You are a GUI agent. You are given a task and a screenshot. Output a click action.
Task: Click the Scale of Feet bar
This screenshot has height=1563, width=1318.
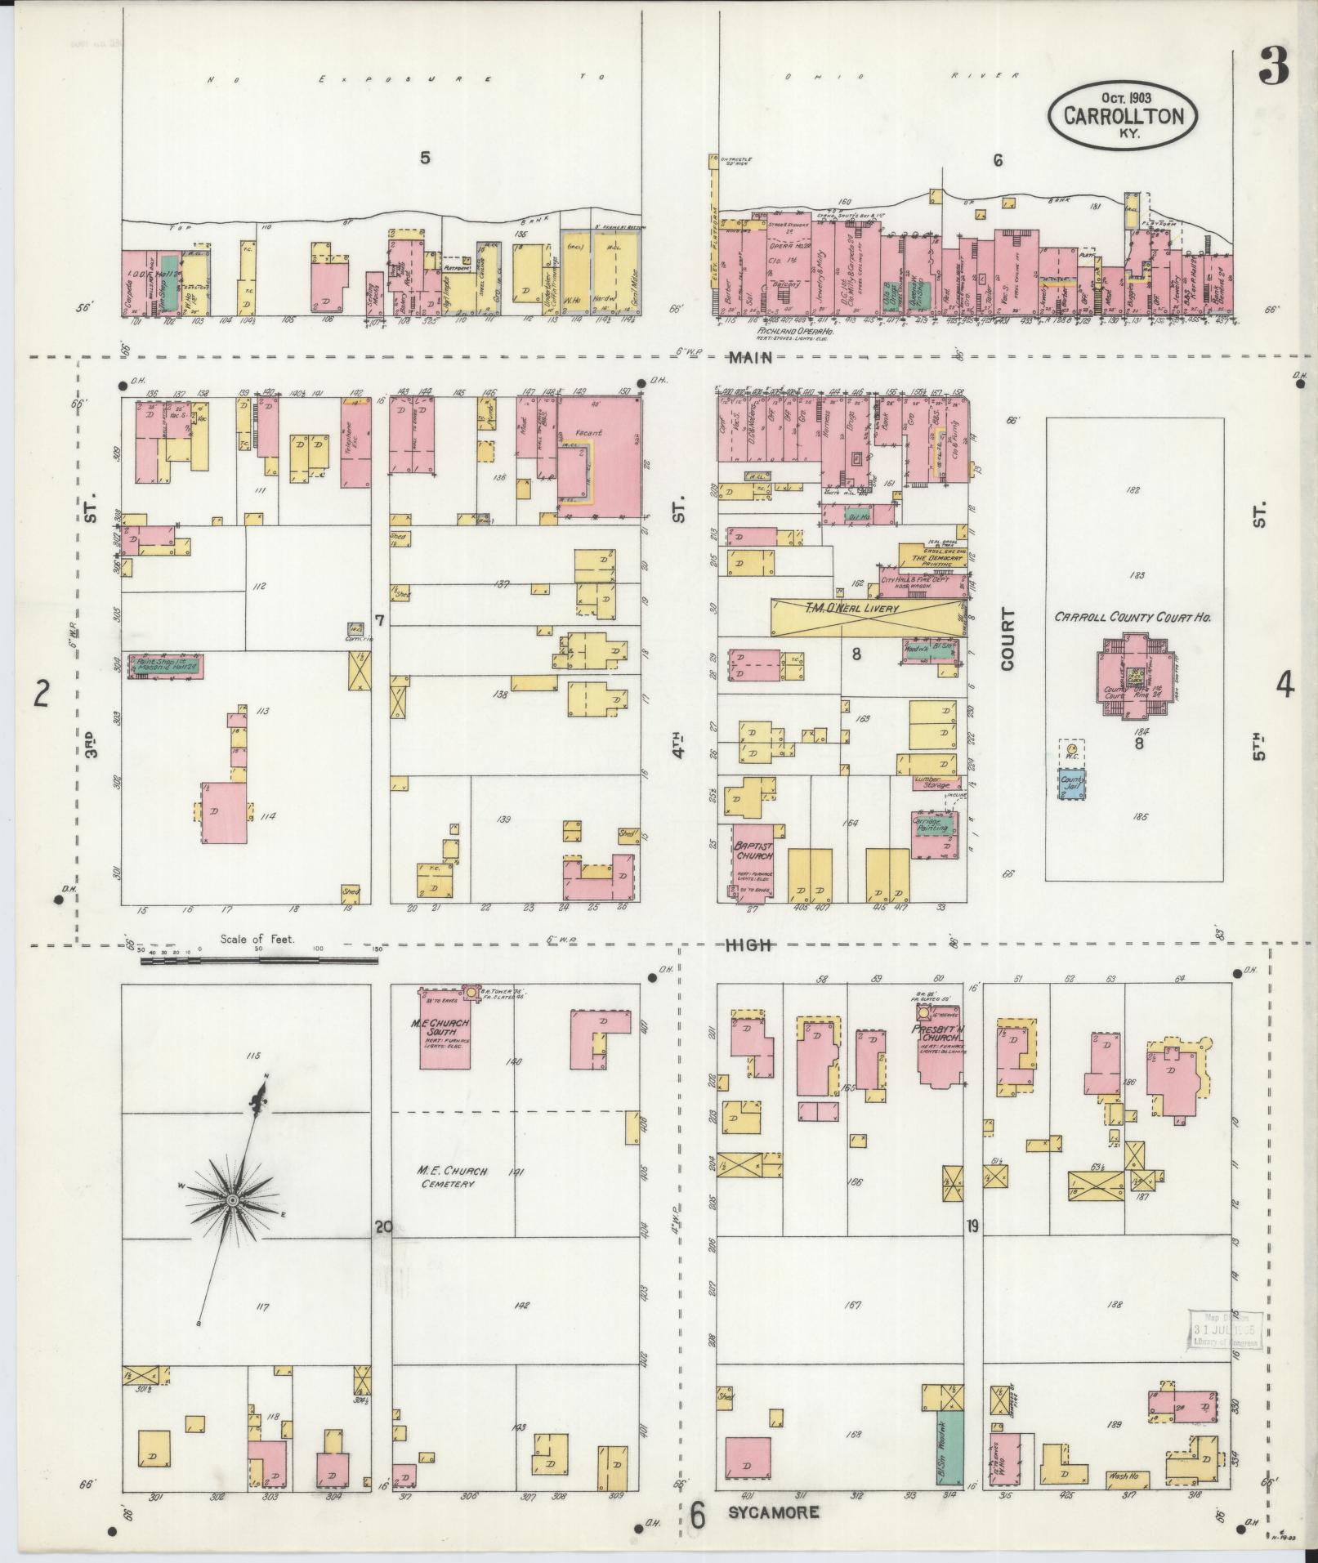(x=258, y=961)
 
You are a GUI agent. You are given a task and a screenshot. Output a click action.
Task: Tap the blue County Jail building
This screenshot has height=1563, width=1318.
(x=1072, y=784)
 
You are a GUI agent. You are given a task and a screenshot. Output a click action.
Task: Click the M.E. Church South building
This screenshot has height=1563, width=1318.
(x=445, y=1031)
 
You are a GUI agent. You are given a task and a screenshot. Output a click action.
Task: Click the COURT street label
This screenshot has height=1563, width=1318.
(x=1007, y=640)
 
